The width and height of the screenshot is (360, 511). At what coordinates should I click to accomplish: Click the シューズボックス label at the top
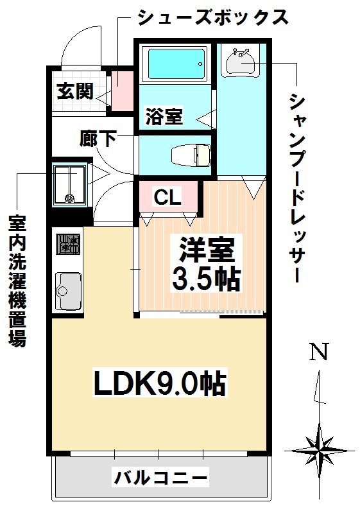(x=212, y=17)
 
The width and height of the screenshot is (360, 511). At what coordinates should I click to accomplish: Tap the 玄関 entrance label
(x=74, y=92)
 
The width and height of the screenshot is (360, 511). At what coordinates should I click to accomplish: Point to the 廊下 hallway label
(x=98, y=138)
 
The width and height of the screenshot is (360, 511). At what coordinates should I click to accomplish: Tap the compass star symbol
(x=319, y=446)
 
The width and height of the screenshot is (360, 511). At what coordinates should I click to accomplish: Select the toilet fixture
(x=191, y=155)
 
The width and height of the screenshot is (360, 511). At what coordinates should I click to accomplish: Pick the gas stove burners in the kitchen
(x=68, y=243)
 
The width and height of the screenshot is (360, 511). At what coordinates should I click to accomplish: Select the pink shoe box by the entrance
(x=122, y=90)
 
